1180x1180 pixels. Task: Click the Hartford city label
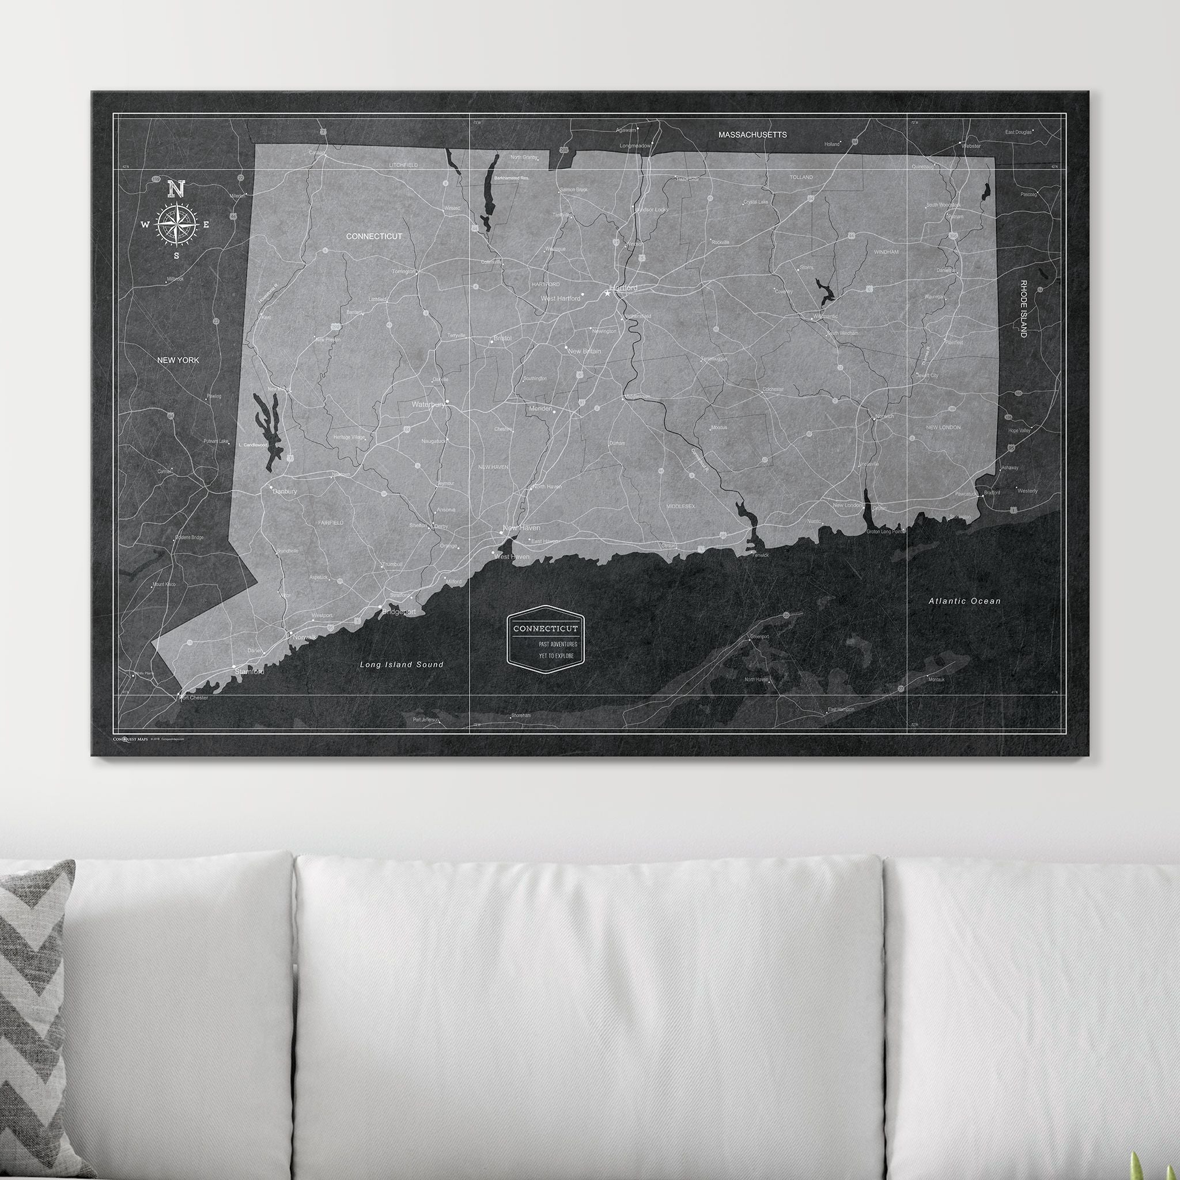(623, 288)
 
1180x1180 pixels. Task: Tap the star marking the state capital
(607, 294)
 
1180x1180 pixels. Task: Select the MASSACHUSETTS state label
(752, 134)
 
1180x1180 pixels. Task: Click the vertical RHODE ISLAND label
(1023, 308)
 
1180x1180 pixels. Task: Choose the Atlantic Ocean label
(965, 601)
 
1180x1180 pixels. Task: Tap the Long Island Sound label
(401, 664)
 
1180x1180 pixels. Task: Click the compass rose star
(176, 225)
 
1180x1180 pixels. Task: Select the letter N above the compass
(176, 189)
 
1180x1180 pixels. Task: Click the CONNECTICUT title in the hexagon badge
(545, 628)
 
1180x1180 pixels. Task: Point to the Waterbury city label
(428, 404)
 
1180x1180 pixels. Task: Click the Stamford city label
(249, 672)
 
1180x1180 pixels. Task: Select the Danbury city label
(285, 491)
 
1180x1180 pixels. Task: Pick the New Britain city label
(584, 351)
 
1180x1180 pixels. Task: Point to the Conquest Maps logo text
(130, 739)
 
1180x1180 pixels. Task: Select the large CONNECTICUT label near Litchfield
(374, 236)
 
